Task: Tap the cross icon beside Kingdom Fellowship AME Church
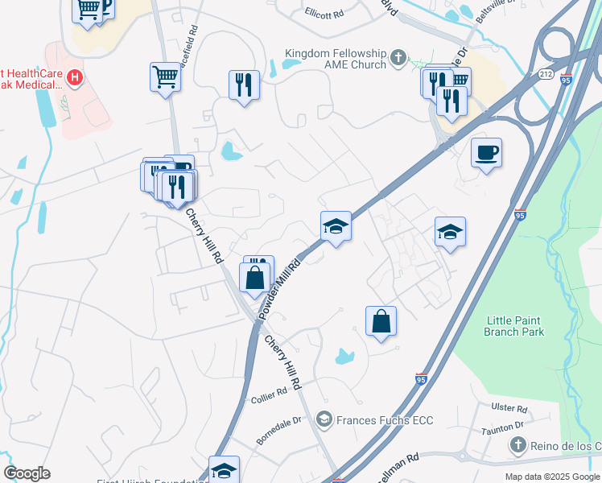click(398, 57)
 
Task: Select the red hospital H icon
click(75, 78)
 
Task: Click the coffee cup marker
click(486, 152)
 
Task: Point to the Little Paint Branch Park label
click(515, 326)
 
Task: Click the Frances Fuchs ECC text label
click(385, 420)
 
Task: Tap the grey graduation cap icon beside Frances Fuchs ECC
click(324, 419)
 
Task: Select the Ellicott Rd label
click(325, 12)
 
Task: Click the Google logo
click(27, 473)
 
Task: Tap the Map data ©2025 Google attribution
click(551, 477)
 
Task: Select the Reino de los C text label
click(567, 445)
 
